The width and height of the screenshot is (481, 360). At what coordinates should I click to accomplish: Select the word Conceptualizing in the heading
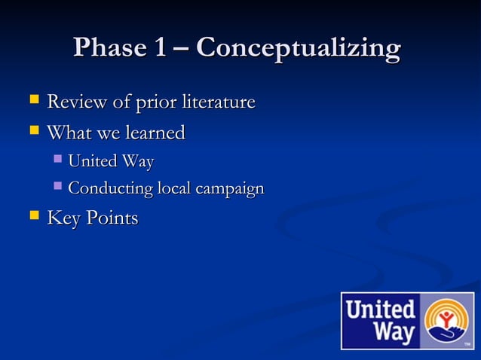pos(298,50)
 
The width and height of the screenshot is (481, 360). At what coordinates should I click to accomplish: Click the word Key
pos(63,219)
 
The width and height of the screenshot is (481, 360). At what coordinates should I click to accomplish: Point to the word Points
pos(112,219)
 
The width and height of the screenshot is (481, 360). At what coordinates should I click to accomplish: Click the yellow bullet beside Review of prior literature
pos(33,100)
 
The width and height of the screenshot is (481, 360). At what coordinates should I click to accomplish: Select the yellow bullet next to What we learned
pos(33,132)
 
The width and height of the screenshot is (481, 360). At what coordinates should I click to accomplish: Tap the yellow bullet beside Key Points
pos(33,218)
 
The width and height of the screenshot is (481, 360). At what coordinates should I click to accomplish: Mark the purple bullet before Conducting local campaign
pos(57,186)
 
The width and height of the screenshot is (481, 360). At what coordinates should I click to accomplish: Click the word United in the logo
pos(381,309)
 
